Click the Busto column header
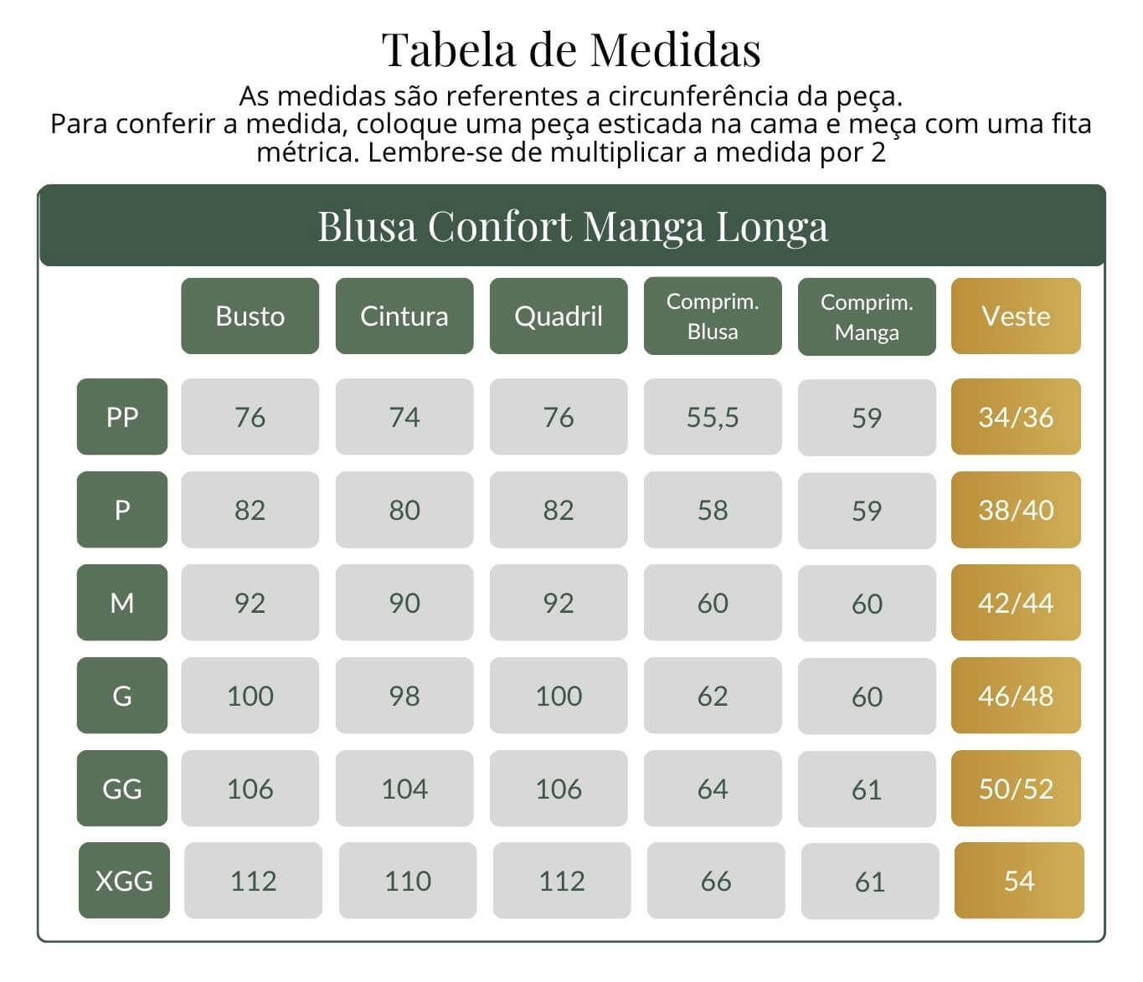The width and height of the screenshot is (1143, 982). pos(250,316)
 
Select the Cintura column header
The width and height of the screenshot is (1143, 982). pos(404,316)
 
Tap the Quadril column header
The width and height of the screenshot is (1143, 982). pos(559,316)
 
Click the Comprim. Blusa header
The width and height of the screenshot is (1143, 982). pos(713,316)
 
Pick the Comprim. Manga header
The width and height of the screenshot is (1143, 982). pos(867,316)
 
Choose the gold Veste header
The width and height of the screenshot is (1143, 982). pos(1017,316)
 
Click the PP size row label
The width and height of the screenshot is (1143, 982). pos(122,416)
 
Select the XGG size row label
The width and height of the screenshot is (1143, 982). pos(125,880)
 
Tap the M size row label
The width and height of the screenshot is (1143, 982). pos(122,602)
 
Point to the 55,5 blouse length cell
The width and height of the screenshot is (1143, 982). pos(713,417)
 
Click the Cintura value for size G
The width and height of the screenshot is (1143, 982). pos(404,695)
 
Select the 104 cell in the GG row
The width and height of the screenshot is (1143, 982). pos(404,788)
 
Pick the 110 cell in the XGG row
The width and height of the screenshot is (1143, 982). pos(408,880)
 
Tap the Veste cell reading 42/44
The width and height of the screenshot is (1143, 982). pos(1017,602)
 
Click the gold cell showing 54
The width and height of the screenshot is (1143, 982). pos(1019,880)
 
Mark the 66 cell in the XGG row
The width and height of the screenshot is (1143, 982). pos(716,880)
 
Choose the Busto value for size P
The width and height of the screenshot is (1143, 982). pos(250,509)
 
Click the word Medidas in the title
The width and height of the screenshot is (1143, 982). pos(676,49)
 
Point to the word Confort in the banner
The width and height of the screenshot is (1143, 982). pos(499,226)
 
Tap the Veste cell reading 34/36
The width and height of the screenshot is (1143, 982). pos(1017,416)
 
